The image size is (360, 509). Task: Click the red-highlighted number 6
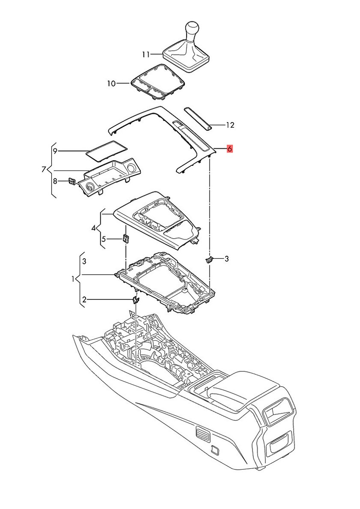click(x=230, y=149)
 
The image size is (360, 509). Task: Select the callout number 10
click(x=111, y=84)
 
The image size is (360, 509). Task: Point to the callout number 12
click(x=230, y=125)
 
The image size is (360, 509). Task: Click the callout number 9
click(x=55, y=151)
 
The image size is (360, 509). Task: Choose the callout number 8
click(x=55, y=181)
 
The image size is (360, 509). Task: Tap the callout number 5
click(x=103, y=239)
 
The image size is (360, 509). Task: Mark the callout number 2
click(x=84, y=300)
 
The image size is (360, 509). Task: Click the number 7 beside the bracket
click(x=44, y=169)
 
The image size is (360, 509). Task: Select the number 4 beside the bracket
click(x=93, y=228)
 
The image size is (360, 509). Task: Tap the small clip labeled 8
click(x=72, y=182)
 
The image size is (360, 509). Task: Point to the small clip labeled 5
click(x=126, y=238)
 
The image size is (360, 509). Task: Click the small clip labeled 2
click(x=136, y=299)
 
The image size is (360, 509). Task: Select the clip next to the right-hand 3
click(x=210, y=259)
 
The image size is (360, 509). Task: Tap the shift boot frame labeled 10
click(x=158, y=80)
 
